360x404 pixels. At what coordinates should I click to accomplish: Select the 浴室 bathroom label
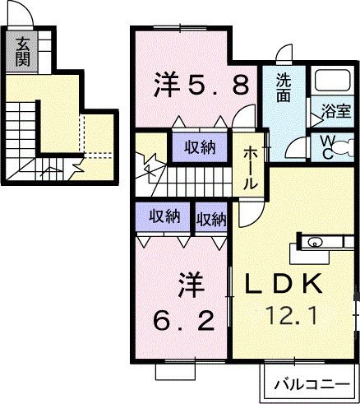[335, 110]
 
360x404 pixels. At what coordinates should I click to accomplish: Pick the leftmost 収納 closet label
[164, 217]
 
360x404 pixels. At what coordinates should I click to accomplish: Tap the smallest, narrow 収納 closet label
[211, 219]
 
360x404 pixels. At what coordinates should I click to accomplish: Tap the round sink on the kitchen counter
[316, 243]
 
